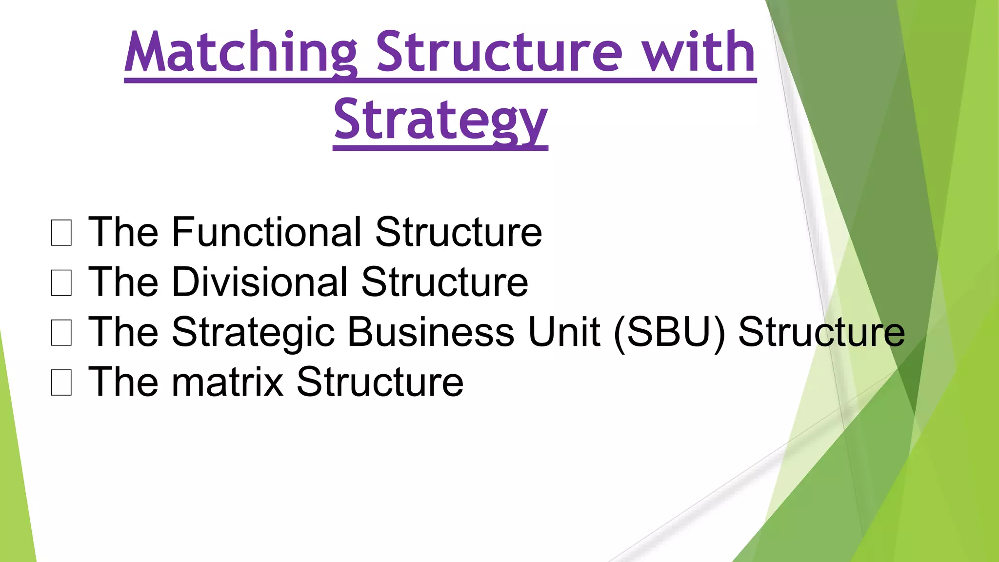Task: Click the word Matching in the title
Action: tap(241, 53)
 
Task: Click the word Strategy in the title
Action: tap(440, 120)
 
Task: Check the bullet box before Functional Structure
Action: tap(61, 233)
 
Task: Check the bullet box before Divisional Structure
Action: tap(61, 283)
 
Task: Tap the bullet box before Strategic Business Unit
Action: tap(61, 333)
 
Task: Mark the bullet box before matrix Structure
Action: tap(61, 382)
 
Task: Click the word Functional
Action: tap(266, 232)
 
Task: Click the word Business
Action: tap(431, 332)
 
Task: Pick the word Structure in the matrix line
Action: tap(380, 382)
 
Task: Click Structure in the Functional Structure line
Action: tap(459, 232)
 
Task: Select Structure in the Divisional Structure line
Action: tap(445, 282)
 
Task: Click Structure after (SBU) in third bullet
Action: tap(821, 332)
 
